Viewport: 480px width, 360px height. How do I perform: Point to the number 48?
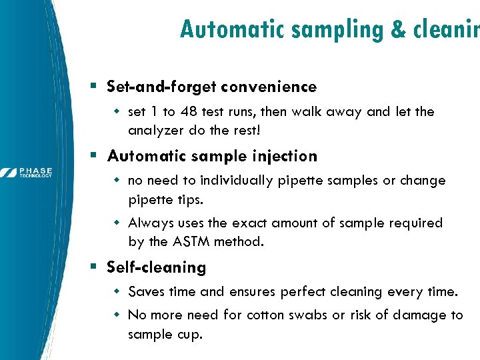pyautogui.click(x=197, y=111)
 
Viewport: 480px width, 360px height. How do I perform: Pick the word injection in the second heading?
pyautogui.click(x=282, y=157)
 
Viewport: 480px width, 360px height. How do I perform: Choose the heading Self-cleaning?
pyautogui.click(x=156, y=267)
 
